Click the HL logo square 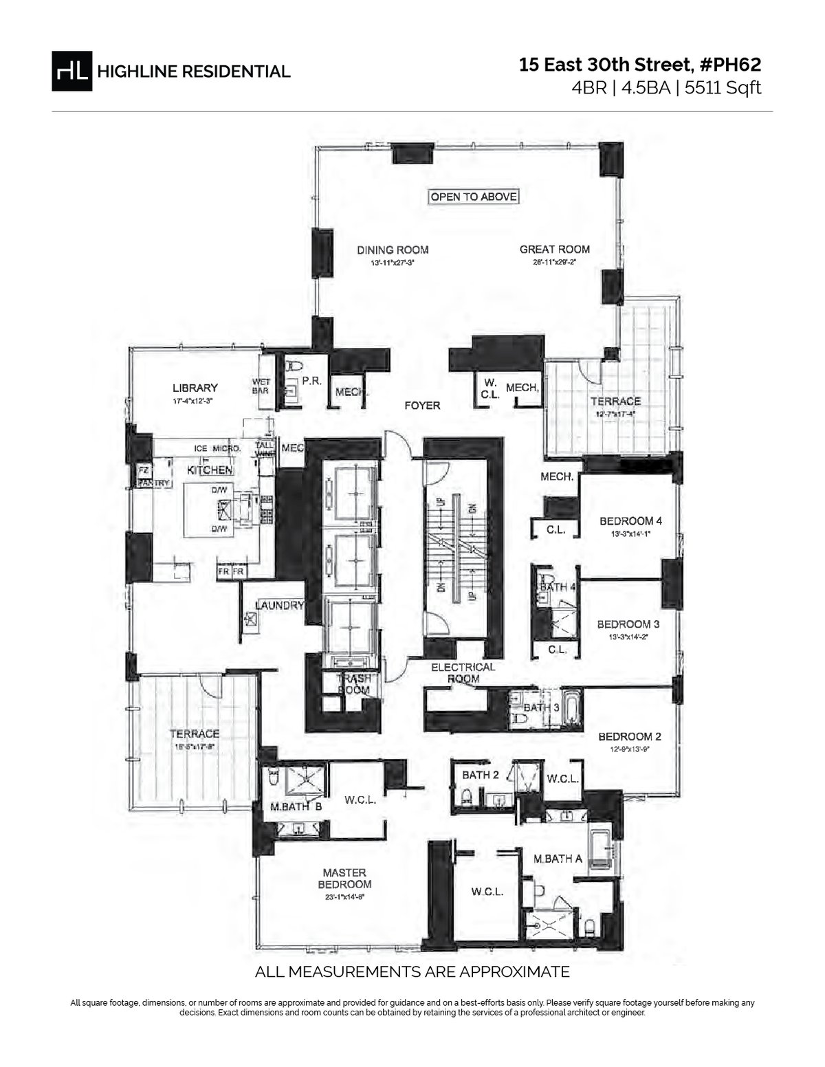click(x=71, y=71)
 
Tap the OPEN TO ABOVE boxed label click(x=473, y=197)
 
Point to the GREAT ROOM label click(x=554, y=250)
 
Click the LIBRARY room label click(x=195, y=388)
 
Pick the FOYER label click(x=422, y=406)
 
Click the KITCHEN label click(x=210, y=470)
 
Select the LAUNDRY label click(x=279, y=606)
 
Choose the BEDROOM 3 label click(x=628, y=624)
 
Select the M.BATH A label click(x=558, y=858)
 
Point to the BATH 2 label click(x=481, y=775)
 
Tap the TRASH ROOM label click(x=353, y=684)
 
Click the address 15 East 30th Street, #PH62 click(x=640, y=65)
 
